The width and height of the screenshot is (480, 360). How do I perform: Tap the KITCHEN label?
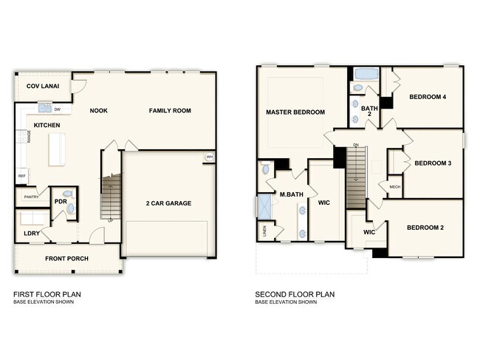point(47,126)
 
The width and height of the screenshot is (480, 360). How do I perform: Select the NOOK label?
point(99,111)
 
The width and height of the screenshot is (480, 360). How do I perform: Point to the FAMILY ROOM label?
point(170,111)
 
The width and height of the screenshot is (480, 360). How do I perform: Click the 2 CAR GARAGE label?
point(168,202)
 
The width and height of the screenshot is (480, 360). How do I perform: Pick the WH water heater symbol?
point(209,156)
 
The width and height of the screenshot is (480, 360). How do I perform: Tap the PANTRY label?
point(31,197)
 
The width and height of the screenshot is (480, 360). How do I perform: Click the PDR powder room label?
point(61,201)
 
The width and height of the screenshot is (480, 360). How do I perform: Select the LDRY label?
point(32,234)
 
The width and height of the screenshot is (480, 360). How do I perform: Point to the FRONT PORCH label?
point(66,258)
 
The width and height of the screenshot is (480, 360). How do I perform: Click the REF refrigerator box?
point(21,176)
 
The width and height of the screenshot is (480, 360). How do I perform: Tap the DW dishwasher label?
point(57,110)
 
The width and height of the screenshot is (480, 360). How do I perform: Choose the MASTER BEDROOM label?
point(295,112)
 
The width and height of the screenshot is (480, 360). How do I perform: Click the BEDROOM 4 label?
point(428,97)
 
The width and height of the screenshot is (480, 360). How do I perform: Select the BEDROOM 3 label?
point(433,163)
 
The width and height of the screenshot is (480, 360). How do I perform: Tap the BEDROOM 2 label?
point(425,228)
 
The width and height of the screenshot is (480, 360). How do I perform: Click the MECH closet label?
point(394,187)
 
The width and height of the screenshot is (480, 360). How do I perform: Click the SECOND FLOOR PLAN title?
point(295,294)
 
